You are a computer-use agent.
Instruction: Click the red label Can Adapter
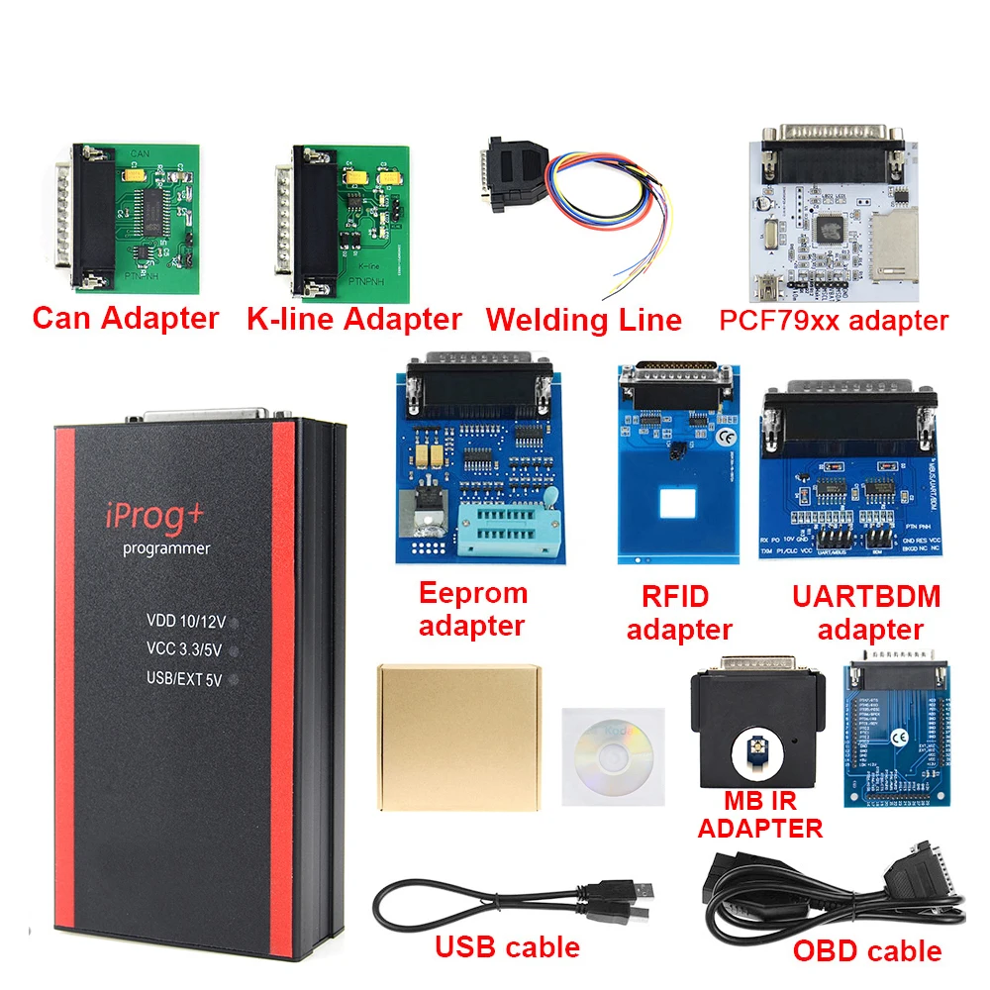pos(125,318)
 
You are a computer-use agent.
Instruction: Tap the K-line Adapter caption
pos(353,319)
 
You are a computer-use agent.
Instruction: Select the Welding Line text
pos(583,320)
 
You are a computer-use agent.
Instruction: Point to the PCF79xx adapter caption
pos(835,320)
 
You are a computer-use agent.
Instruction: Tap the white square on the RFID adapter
pos(678,507)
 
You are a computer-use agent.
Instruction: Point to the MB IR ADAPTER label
pos(759,814)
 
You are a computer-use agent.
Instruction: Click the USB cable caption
pos(507,946)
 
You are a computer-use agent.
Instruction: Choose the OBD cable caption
pos(867,951)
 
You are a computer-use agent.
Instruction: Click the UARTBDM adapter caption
pos(868,612)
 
